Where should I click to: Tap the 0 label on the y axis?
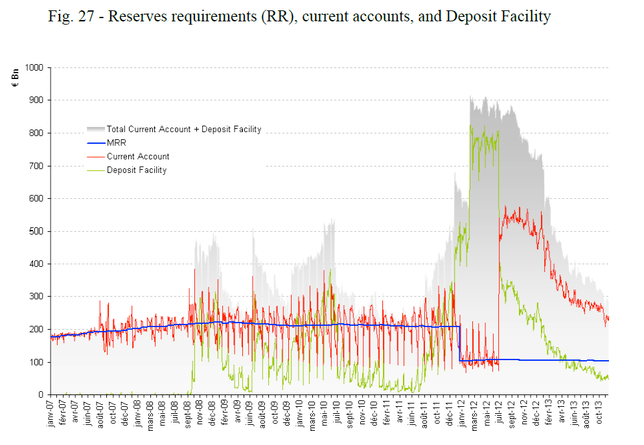(x=41, y=394)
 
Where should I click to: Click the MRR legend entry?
(x=117, y=143)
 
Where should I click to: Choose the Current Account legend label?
(x=138, y=156)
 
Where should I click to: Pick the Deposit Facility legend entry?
(x=137, y=170)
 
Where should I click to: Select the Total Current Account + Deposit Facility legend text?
(x=184, y=130)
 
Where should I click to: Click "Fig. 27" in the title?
(x=69, y=16)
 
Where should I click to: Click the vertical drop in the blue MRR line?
(x=459, y=343)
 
